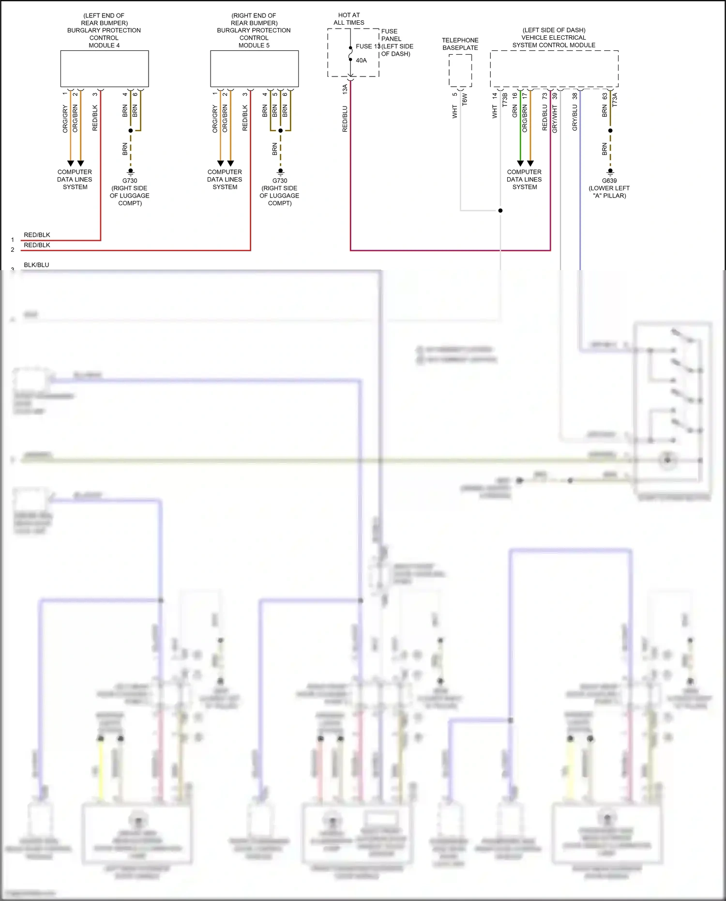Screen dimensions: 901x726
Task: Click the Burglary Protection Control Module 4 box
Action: (x=104, y=69)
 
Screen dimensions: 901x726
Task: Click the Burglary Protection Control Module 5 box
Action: (x=254, y=69)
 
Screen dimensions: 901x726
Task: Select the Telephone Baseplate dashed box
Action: (x=460, y=71)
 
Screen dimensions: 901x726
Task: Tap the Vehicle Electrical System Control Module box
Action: (x=554, y=69)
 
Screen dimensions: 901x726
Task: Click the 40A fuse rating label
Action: (x=361, y=61)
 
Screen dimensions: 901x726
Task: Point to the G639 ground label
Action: (x=609, y=181)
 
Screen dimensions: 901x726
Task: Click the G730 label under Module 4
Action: (x=130, y=181)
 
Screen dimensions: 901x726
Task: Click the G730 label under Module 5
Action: (x=280, y=181)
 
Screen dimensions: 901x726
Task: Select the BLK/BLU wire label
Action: (x=36, y=265)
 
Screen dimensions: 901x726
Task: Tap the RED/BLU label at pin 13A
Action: (x=345, y=119)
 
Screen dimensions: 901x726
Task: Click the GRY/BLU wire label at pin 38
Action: (x=575, y=118)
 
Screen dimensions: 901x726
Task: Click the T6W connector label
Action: (x=465, y=99)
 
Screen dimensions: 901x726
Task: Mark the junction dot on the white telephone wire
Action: (x=500, y=211)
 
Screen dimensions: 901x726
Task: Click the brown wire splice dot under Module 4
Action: (x=131, y=131)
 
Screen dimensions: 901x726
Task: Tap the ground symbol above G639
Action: (x=610, y=171)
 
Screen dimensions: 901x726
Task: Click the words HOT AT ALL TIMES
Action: (x=349, y=19)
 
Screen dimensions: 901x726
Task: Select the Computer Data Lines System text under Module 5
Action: (x=225, y=179)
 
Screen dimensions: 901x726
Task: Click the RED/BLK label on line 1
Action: (x=37, y=235)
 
